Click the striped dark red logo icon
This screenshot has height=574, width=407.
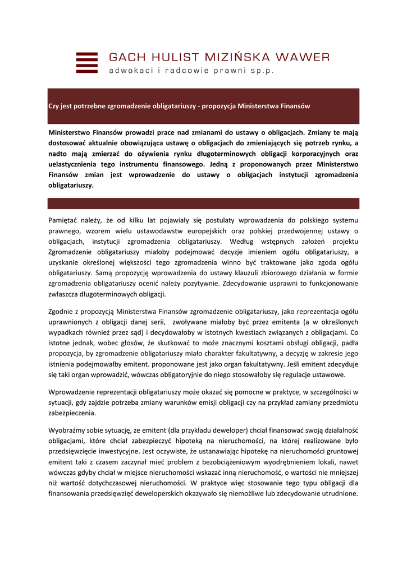[86, 63]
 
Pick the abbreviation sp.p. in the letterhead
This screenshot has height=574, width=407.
[263, 71]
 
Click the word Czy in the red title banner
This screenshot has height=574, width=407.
[54, 106]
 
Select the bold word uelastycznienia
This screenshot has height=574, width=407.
[76, 164]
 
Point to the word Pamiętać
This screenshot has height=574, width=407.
[65, 220]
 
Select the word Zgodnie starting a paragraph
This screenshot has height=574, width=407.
[62, 311]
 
